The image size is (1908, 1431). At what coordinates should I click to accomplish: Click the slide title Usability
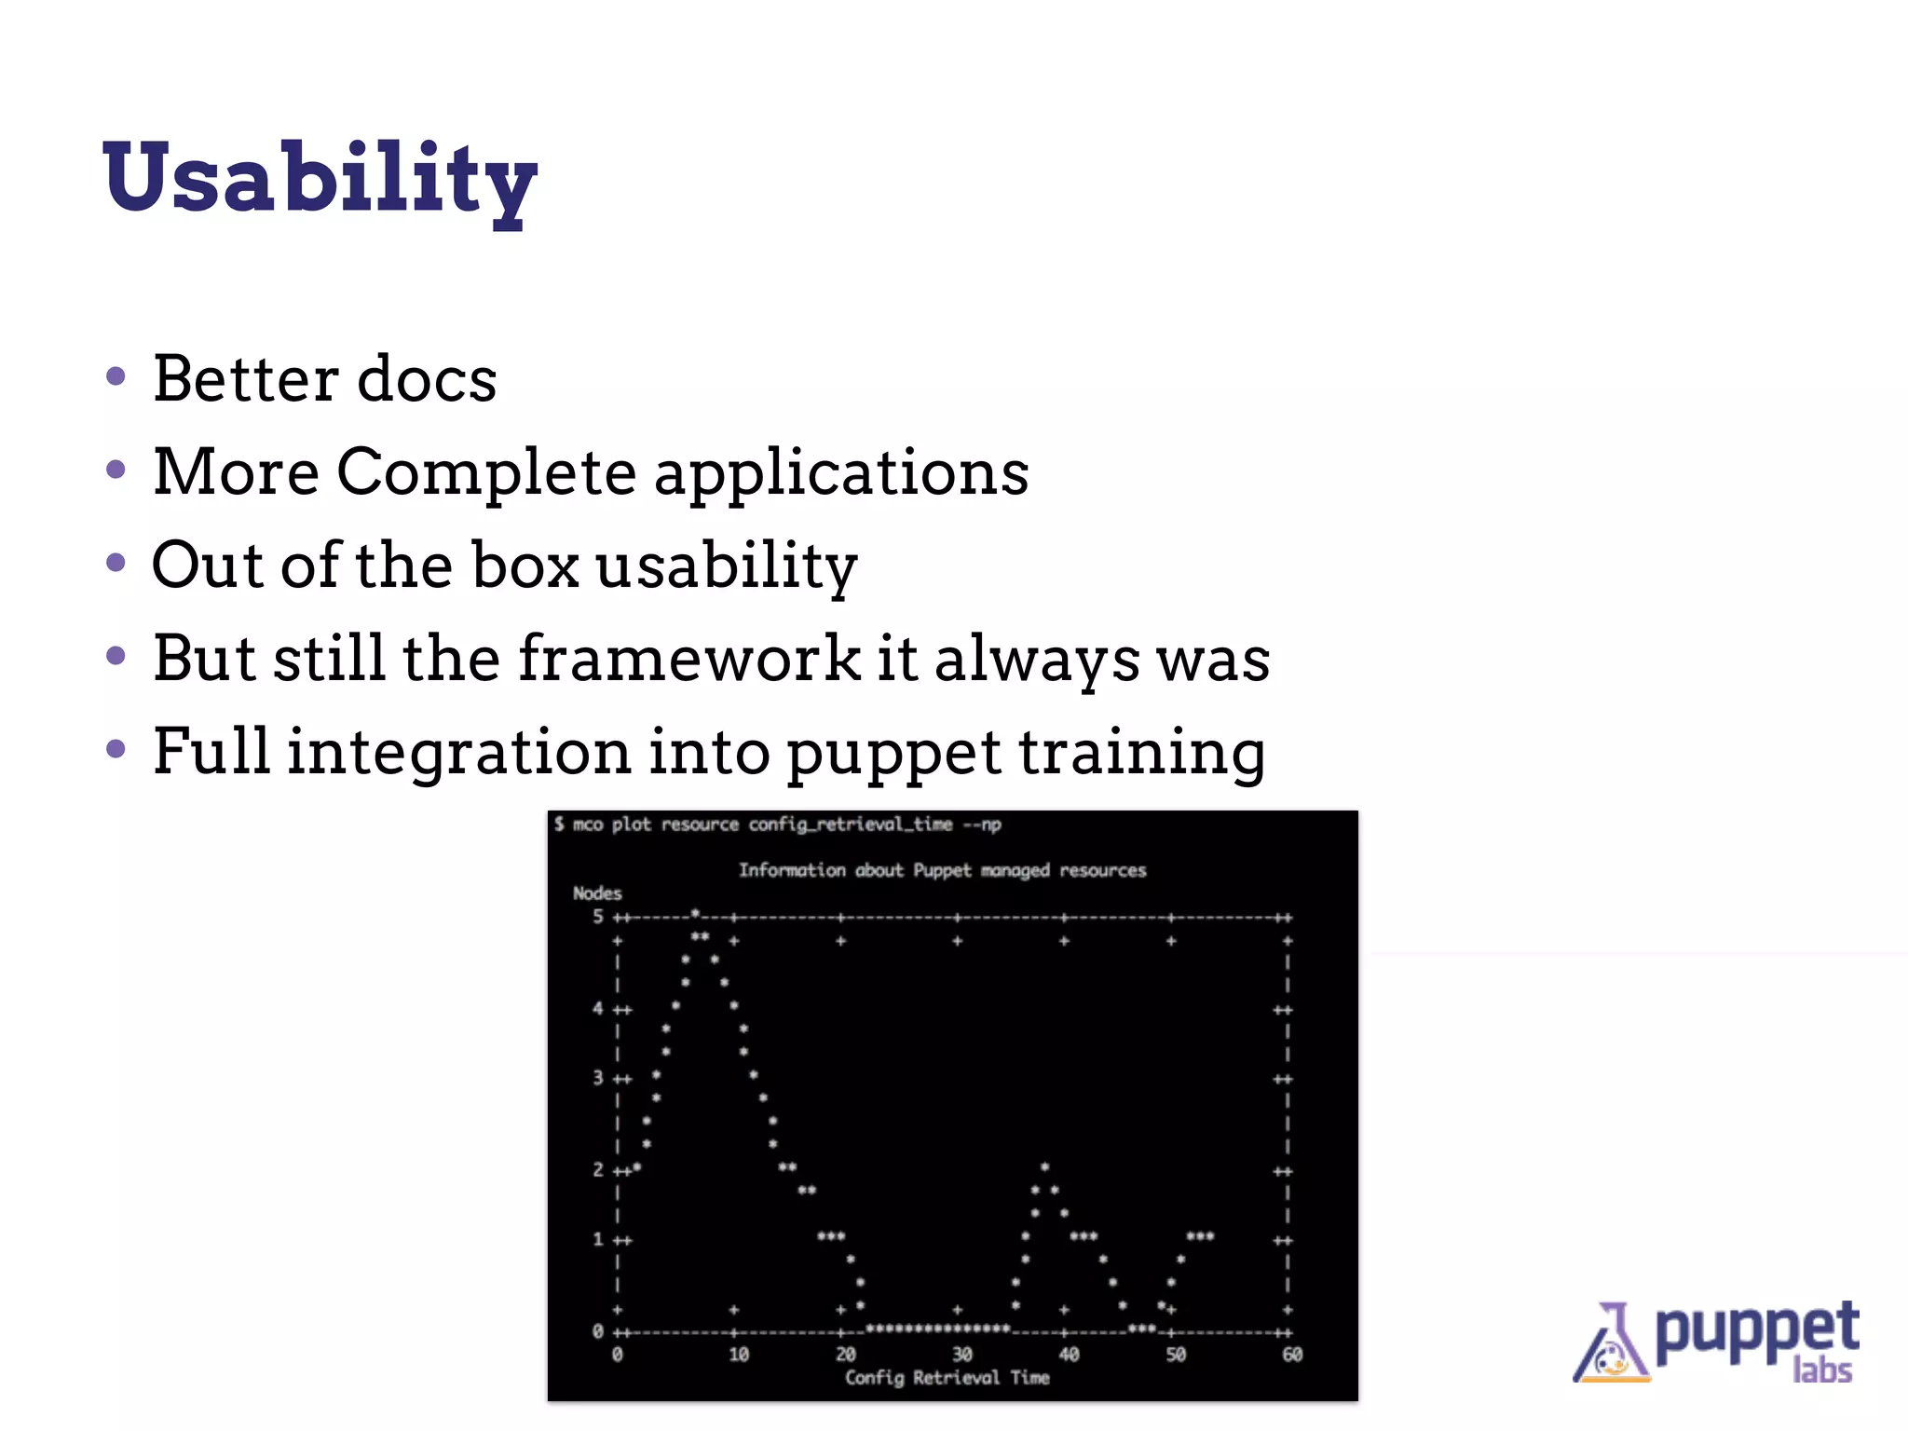click(320, 179)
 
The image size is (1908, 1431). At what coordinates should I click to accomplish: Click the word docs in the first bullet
click(427, 379)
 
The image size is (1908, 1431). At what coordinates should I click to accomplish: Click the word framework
click(689, 658)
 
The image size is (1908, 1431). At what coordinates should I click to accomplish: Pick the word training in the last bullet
click(1141, 753)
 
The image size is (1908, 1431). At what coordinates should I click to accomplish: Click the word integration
click(458, 753)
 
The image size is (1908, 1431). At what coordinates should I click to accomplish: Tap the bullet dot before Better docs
click(116, 377)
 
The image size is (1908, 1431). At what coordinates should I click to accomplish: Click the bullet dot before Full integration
click(116, 749)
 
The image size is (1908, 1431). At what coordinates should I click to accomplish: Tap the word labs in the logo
click(1822, 1370)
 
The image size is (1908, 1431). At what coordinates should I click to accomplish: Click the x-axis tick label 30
click(961, 1355)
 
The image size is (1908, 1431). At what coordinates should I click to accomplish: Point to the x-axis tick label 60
click(1291, 1355)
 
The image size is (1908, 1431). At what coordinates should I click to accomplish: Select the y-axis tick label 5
click(598, 917)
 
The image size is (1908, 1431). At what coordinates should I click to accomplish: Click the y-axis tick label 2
click(598, 1170)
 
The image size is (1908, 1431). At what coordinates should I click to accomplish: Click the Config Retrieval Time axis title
click(947, 1378)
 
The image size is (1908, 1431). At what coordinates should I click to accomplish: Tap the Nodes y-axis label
click(597, 893)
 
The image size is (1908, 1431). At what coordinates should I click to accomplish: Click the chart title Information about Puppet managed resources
click(942, 870)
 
